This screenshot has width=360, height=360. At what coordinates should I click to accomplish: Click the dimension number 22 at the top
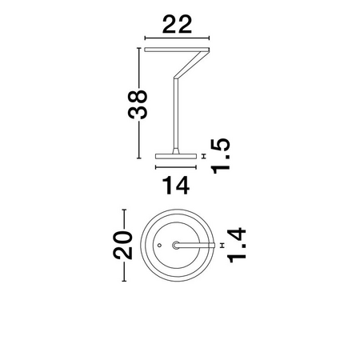coord(177,25)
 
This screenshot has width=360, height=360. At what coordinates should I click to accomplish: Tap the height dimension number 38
coord(138,104)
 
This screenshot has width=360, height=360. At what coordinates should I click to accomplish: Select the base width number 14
coord(176,186)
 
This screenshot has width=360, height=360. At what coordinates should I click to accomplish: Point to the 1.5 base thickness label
coord(220,156)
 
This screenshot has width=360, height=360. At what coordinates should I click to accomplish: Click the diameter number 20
coord(122,246)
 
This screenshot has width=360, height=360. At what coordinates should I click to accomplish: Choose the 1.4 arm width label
coord(236,245)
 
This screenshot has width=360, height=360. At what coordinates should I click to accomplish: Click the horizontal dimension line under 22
coord(177,38)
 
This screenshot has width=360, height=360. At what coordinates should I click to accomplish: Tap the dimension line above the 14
coord(176,167)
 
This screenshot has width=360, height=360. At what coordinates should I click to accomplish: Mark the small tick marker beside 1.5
coord(205,156)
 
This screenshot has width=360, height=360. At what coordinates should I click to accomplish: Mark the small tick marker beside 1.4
coord(222,246)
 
